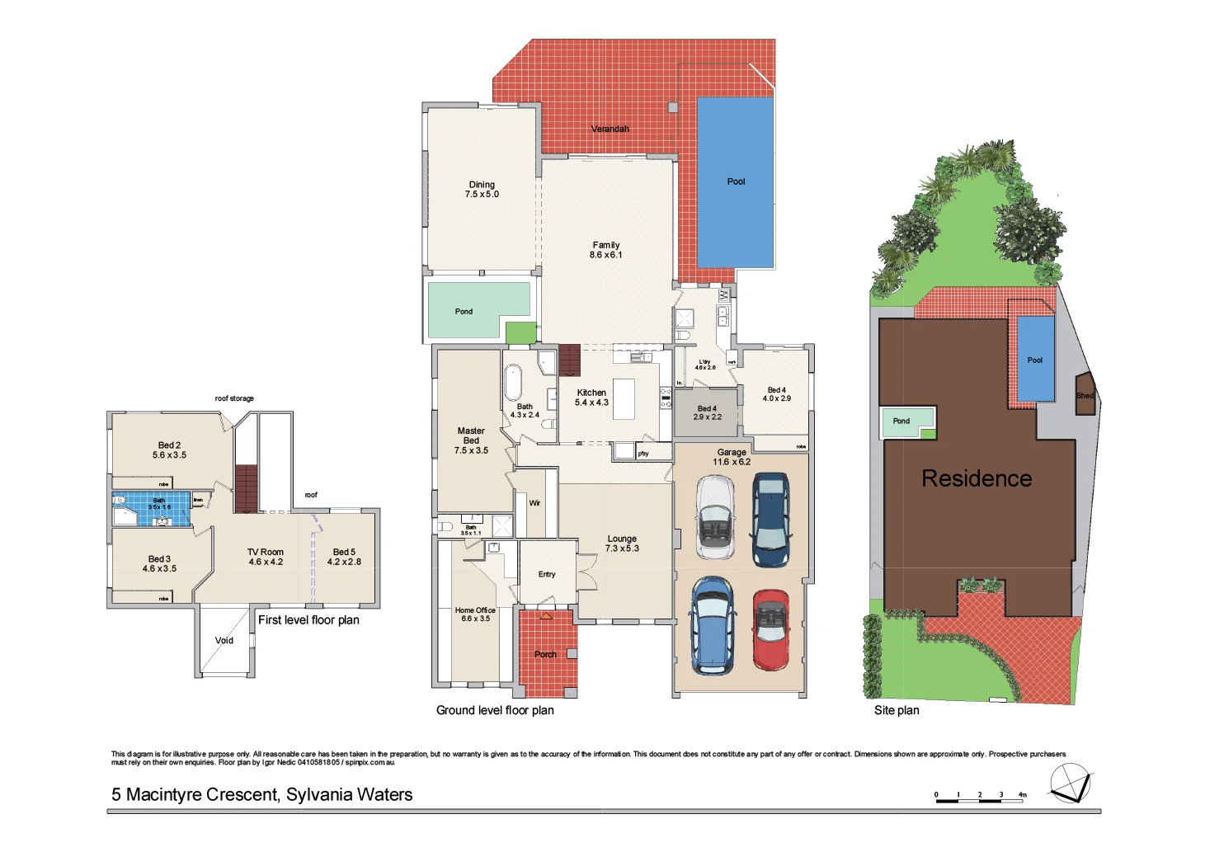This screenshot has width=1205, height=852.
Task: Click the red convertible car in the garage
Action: coord(770,628)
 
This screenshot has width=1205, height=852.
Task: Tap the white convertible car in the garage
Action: coord(714,517)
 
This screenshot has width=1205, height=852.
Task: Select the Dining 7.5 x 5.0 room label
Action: coord(482,190)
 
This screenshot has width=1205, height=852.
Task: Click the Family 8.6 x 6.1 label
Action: coord(605,250)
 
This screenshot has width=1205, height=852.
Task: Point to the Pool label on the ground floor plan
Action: coord(736,181)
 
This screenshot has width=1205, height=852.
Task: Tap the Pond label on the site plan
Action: coord(901,421)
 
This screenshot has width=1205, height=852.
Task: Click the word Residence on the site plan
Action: coord(977,478)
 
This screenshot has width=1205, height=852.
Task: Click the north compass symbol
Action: coord(1070,783)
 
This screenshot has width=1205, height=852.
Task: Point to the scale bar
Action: coord(980,798)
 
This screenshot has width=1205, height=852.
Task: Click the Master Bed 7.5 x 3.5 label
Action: coord(471,440)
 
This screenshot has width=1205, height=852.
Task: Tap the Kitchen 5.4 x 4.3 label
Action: coord(591,398)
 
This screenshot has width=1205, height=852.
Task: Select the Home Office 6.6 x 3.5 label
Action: coord(475,614)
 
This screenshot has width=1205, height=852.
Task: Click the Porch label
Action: coord(545,654)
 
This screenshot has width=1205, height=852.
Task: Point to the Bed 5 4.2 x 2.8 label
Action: coord(344,557)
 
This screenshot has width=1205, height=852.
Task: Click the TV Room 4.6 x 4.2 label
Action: coord(266,557)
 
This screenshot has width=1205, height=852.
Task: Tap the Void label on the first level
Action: coord(224,640)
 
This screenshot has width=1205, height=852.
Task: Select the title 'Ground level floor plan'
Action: coord(495,710)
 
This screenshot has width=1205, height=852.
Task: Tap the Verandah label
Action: coord(610,129)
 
